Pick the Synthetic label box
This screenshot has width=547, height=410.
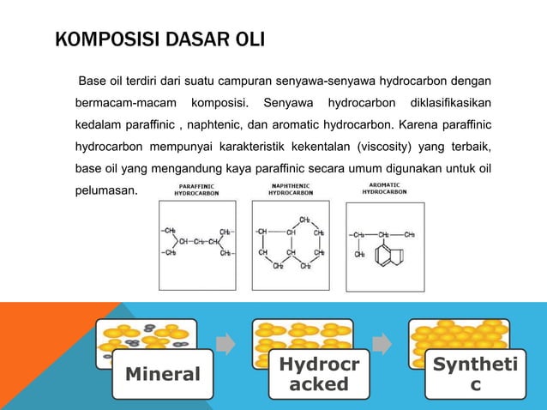pyautogui.click(x=477, y=373)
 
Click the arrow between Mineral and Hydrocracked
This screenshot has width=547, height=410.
pyautogui.click(x=225, y=343)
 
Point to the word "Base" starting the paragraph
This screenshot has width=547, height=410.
pyautogui.click(x=92, y=81)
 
